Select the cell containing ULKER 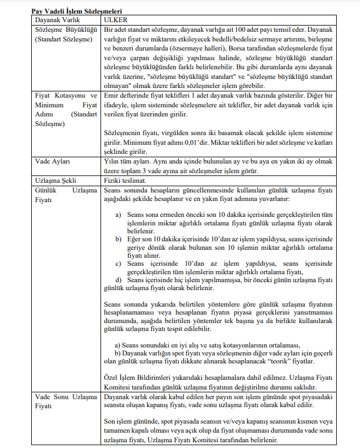[x=115, y=19]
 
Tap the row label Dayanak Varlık [x=55, y=19]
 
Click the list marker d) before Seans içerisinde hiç [x=119, y=279]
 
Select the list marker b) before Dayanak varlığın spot [x=118, y=352]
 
